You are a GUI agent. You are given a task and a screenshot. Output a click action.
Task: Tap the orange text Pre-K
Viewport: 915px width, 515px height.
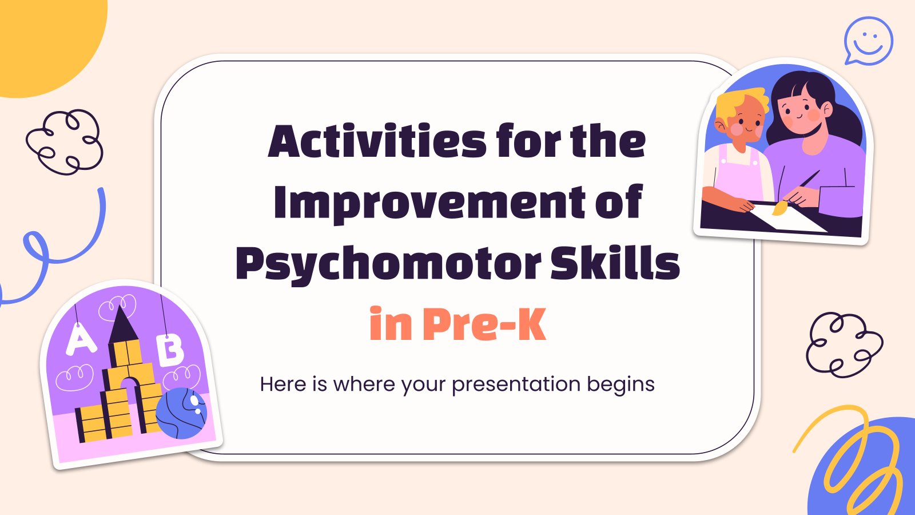click(x=484, y=324)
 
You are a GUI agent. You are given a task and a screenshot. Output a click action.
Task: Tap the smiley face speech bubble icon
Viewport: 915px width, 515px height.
click(x=869, y=41)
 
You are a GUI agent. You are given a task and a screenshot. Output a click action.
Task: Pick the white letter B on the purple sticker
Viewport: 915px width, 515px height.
click(x=170, y=351)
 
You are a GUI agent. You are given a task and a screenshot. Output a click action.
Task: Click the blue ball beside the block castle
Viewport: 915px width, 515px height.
click(x=181, y=413)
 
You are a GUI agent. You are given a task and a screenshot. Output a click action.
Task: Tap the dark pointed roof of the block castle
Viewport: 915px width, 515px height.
click(x=123, y=326)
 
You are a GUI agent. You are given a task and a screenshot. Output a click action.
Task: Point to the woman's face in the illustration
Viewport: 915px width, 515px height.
click(x=801, y=112)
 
